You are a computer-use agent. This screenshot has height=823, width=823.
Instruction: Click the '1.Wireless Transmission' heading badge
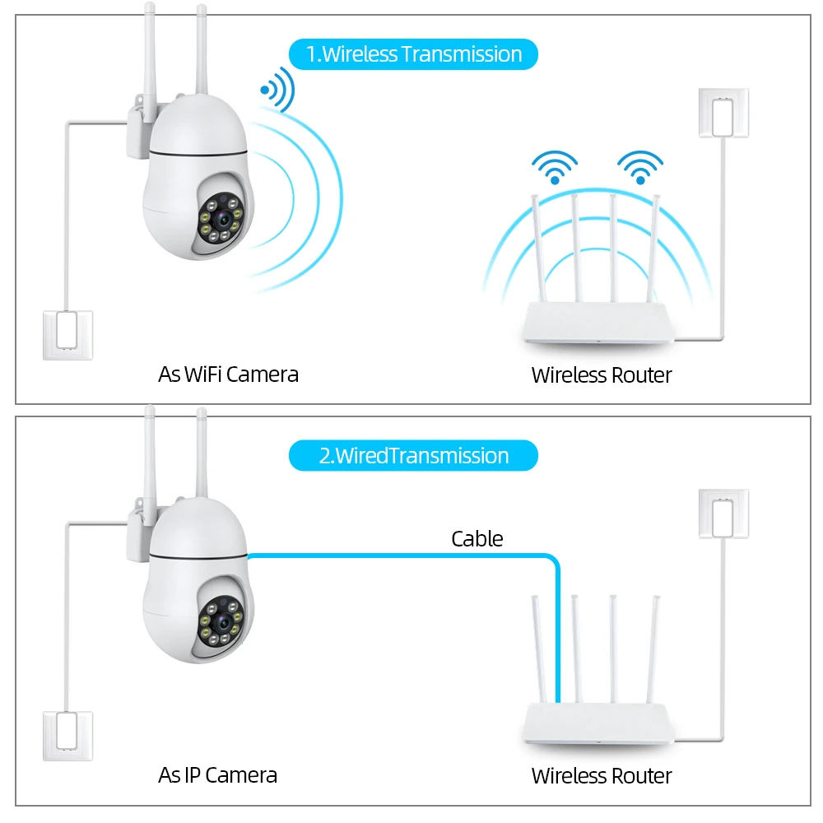[413, 54]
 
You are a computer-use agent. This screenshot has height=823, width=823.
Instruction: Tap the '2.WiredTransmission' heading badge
[413, 455]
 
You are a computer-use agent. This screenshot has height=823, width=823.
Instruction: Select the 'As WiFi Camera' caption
[228, 374]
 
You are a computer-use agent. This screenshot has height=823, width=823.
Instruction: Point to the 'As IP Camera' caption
[217, 774]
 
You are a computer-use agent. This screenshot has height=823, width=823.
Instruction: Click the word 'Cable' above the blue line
[477, 539]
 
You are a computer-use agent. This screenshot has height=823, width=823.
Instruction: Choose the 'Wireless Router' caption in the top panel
[602, 375]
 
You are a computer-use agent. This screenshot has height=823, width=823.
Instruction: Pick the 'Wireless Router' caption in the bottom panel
[602, 775]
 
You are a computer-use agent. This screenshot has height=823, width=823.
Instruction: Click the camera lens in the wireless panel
[220, 220]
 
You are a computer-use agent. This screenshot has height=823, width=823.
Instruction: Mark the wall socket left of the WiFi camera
[67, 334]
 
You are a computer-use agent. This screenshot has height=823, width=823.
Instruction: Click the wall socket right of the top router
[723, 112]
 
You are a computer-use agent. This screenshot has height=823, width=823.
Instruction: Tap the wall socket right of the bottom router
[723, 514]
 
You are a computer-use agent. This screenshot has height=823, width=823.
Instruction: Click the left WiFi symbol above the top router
[554, 167]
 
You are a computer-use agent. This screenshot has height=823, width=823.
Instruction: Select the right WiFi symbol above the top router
[640, 167]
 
